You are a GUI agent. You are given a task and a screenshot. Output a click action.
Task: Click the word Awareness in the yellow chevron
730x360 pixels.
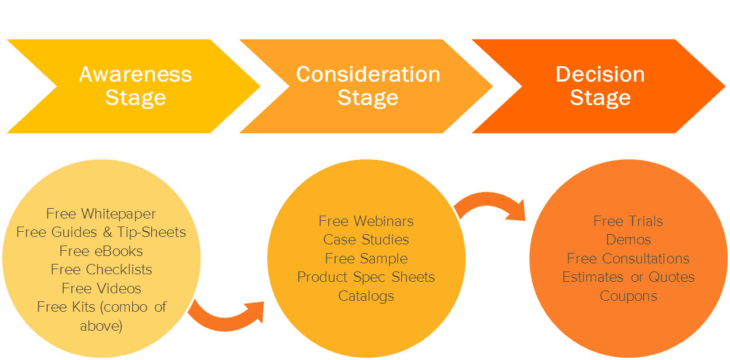click(136, 74)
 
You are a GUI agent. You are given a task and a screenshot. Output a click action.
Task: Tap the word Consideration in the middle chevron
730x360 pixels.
click(368, 74)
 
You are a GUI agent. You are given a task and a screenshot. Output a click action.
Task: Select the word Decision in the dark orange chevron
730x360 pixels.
click(600, 74)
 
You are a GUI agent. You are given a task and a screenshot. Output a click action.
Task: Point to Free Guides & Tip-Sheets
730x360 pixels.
click(101, 232)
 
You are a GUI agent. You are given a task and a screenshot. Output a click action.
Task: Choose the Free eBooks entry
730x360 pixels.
click(101, 251)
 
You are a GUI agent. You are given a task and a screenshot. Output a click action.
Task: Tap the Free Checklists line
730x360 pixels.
click(101, 270)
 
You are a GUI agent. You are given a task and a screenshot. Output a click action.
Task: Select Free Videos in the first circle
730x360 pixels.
click(101, 289)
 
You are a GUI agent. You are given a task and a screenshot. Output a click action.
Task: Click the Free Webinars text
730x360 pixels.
click(366, 221)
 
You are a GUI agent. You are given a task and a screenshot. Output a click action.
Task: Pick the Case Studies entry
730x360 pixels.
click(366, 240)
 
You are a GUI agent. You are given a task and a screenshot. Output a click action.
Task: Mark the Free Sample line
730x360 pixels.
click(366, 259)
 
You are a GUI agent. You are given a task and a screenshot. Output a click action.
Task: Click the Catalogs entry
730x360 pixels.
click(366, 296)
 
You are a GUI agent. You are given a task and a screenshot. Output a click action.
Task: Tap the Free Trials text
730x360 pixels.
click(628, 221)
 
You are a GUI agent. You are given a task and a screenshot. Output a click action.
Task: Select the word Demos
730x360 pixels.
click(628, 240)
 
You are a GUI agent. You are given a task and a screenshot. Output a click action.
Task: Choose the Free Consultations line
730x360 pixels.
click(628, 259)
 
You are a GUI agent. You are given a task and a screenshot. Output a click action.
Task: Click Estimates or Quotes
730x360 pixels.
click(628, 277)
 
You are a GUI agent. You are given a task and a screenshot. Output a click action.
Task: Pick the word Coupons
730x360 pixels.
click(628, 296)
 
